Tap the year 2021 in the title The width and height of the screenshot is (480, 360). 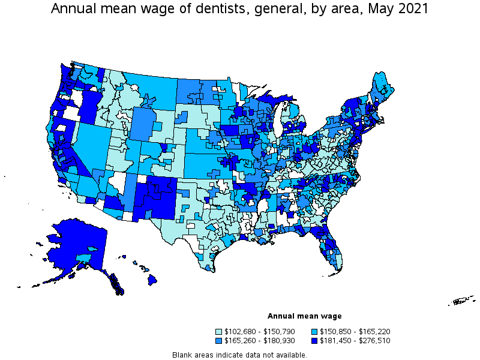click(x=415, y=9)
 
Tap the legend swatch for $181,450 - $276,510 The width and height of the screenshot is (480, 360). click(x=315, y=341)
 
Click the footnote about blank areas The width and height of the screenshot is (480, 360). click(x=239, y=355)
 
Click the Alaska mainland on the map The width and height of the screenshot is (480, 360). click(x=75, y=246)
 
